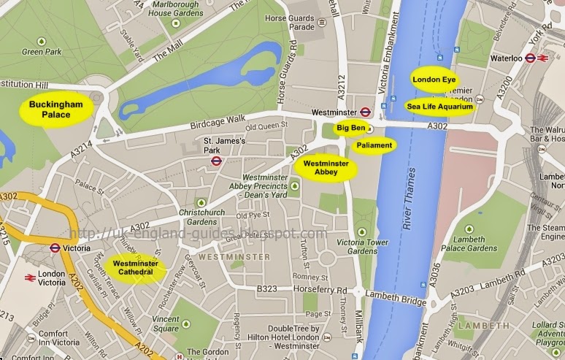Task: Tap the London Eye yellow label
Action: click(x=434, y=79)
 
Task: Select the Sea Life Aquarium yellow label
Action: click(x=439, y=106)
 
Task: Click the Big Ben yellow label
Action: click(x=349, y=128)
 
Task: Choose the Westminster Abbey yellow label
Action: click(x=326, y=168)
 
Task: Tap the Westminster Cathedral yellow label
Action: click(x=134, y=267)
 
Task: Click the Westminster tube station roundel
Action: click(x=366, y=112)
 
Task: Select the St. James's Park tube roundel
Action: click(x=216, y=161)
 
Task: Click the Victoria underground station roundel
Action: click(x=54, y=248)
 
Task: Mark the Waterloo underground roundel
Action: click(x=530, y=58)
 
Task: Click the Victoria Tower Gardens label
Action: click(x=362, y=247)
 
